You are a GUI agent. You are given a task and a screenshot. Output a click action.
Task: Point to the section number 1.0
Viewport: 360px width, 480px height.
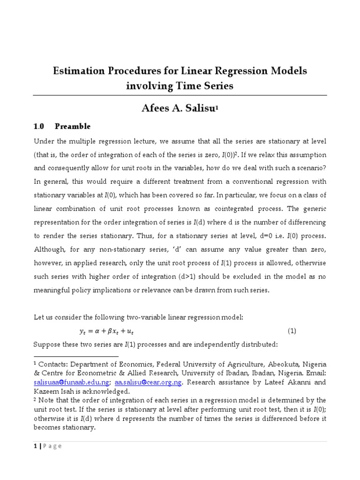39,127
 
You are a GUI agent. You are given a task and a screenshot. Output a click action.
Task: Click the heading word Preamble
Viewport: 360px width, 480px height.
73,127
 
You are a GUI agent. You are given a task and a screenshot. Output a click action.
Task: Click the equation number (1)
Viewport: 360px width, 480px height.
292,331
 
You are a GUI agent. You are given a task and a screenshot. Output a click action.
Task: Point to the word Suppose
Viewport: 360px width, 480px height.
48,345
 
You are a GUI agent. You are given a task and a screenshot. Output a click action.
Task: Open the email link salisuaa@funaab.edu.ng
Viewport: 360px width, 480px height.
70,382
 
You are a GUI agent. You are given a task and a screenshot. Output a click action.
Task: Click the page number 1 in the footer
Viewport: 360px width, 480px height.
35,446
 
